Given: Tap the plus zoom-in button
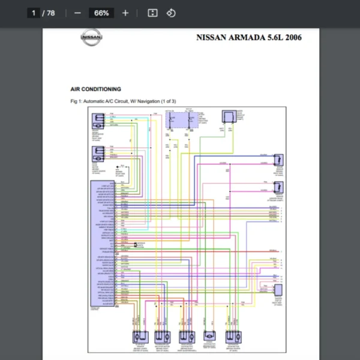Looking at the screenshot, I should [x=125, y=13].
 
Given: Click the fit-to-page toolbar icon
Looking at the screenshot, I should [x=152, y=13].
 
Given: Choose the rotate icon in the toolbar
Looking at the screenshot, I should [x=171, y=13].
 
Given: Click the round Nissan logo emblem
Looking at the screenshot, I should [x=91, y=38].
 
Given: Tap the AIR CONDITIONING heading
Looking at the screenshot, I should [x=95, y=89].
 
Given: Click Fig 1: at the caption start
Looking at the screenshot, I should [x=76, y=101].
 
